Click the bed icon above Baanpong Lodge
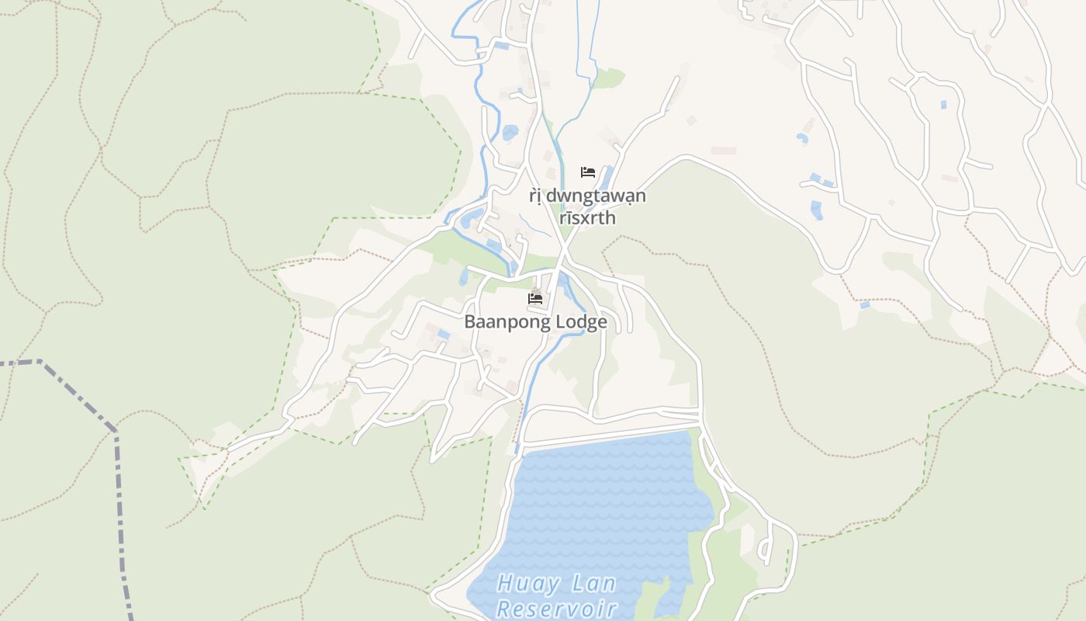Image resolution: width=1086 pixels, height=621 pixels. [535, 298]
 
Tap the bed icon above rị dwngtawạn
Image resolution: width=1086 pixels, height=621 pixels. [588, 172]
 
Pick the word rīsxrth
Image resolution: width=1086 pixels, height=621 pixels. [587, 218]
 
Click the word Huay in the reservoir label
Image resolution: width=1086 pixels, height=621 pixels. [524, 583]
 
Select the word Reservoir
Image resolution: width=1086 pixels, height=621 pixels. [556, 609]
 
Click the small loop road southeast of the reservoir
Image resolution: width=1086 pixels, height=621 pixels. [766, 543]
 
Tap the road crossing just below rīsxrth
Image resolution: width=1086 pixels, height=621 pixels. [564, 248]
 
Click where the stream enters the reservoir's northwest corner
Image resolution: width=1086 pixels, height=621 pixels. [517, 450]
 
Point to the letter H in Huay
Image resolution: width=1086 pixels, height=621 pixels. [507, 583]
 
